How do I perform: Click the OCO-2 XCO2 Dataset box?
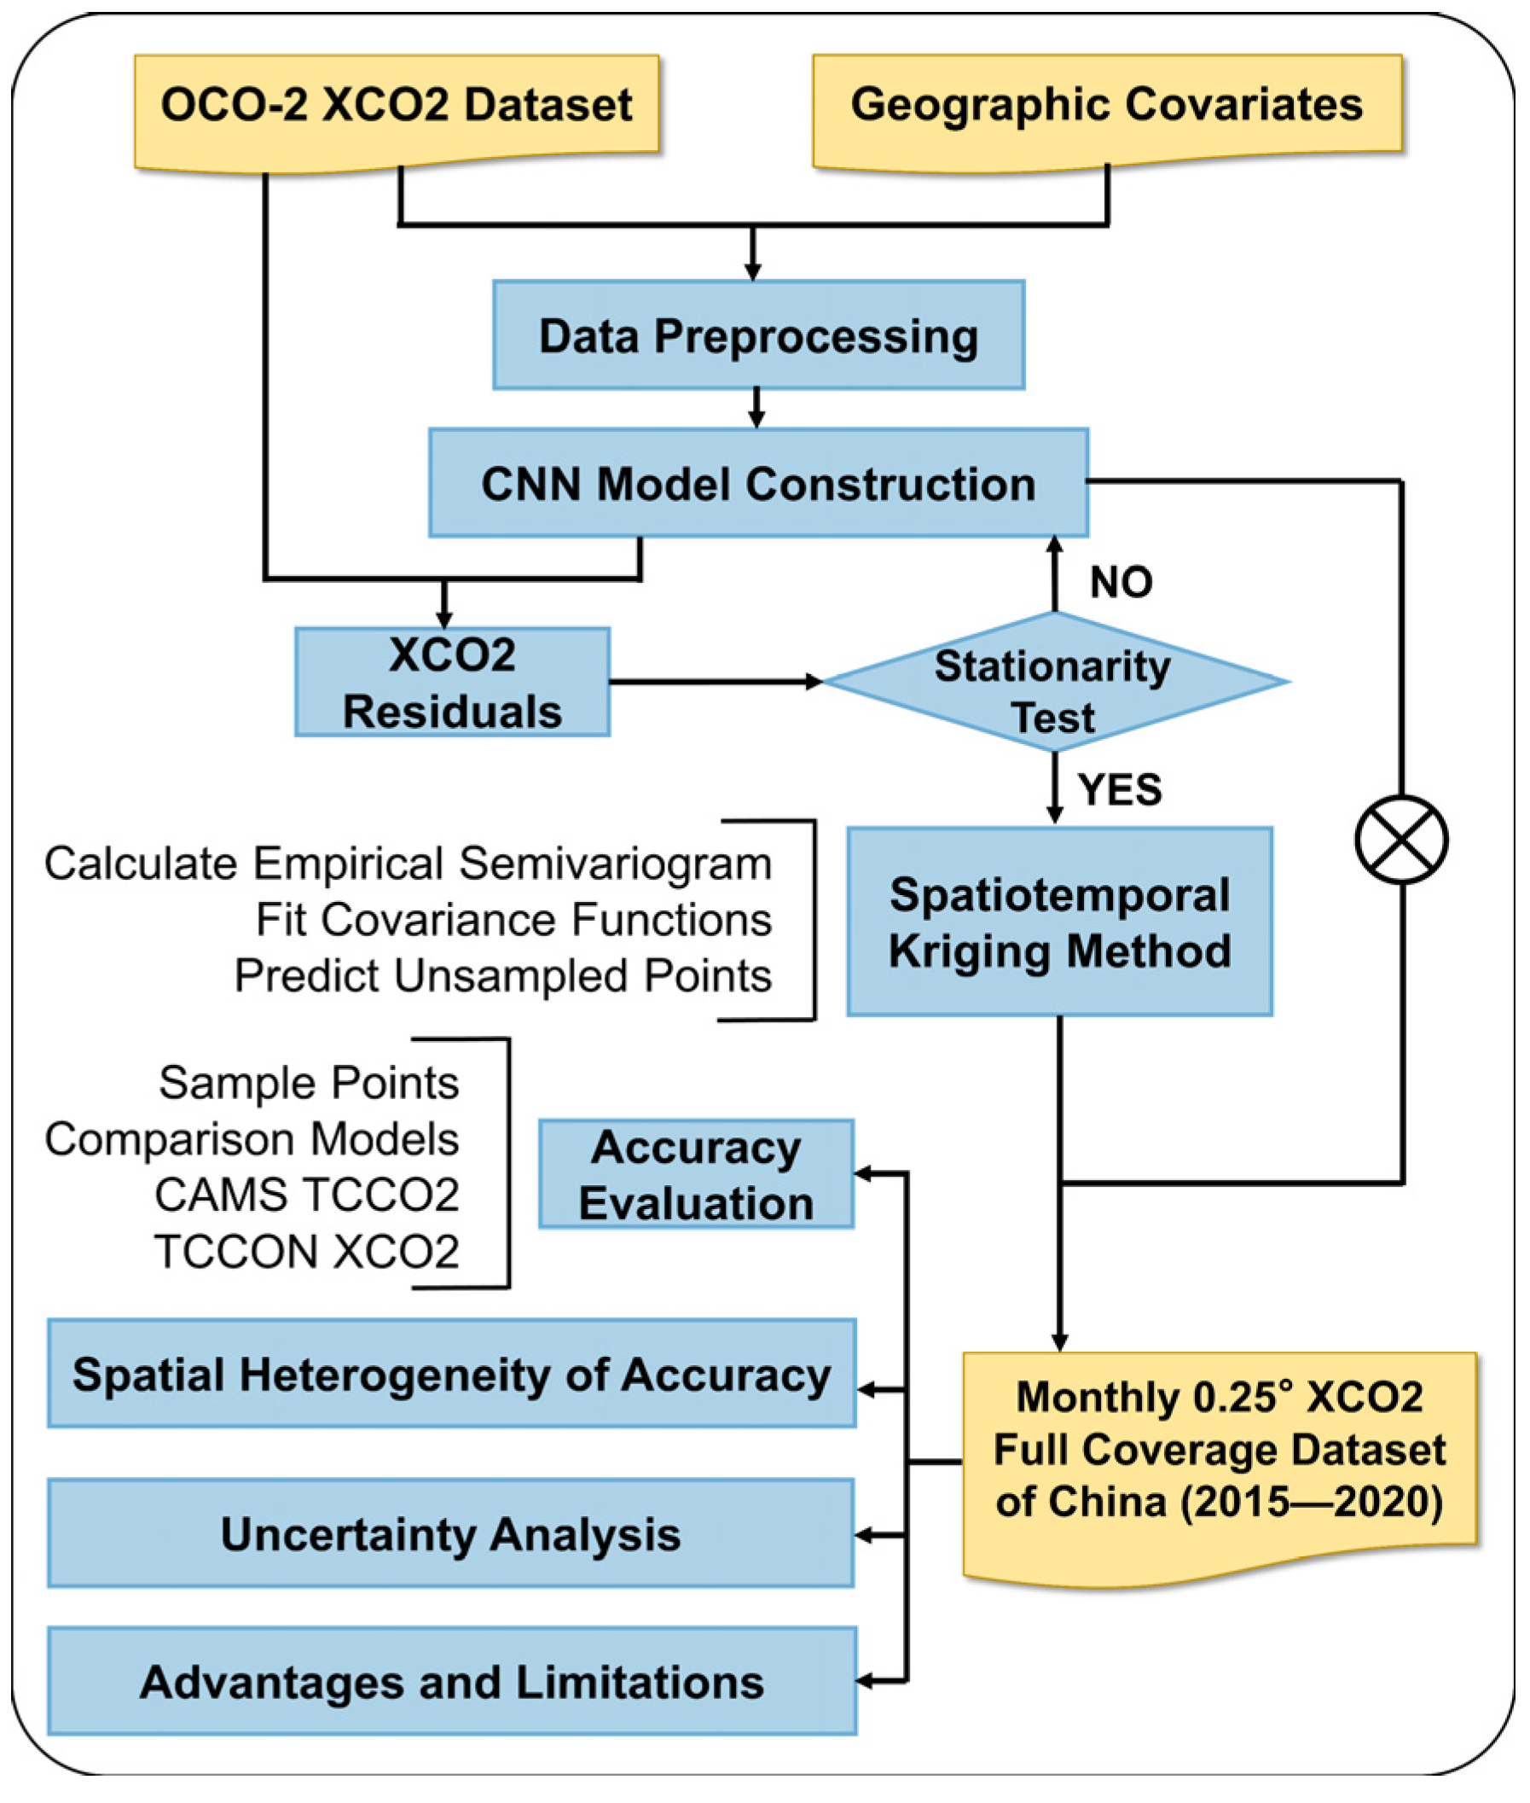click(397, 105)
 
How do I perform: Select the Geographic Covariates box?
click(1107, 105)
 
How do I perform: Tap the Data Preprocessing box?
click(758, 335)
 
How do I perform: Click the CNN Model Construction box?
click(758, 482)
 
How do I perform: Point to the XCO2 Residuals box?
click(452, 683)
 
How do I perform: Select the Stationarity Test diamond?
click(1054, 683)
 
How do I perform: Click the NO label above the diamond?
click(1121, 581)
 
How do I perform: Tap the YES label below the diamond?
click(1119, 789)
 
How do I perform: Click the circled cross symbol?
click(1400, 840)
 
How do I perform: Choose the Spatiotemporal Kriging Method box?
click(1059, 922)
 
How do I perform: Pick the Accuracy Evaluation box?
click(696, 1174)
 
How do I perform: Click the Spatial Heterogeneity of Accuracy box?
click(451, 1375)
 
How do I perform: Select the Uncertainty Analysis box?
click(451, 1533)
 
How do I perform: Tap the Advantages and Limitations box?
click(451, 1682)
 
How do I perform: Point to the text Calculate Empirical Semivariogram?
click(408, 864)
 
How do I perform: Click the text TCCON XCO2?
click(306, 1252)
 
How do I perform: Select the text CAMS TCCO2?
click(306, 1195)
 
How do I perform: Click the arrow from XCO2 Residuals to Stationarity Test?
click(716, 682)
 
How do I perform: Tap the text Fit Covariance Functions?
click(513, 920)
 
